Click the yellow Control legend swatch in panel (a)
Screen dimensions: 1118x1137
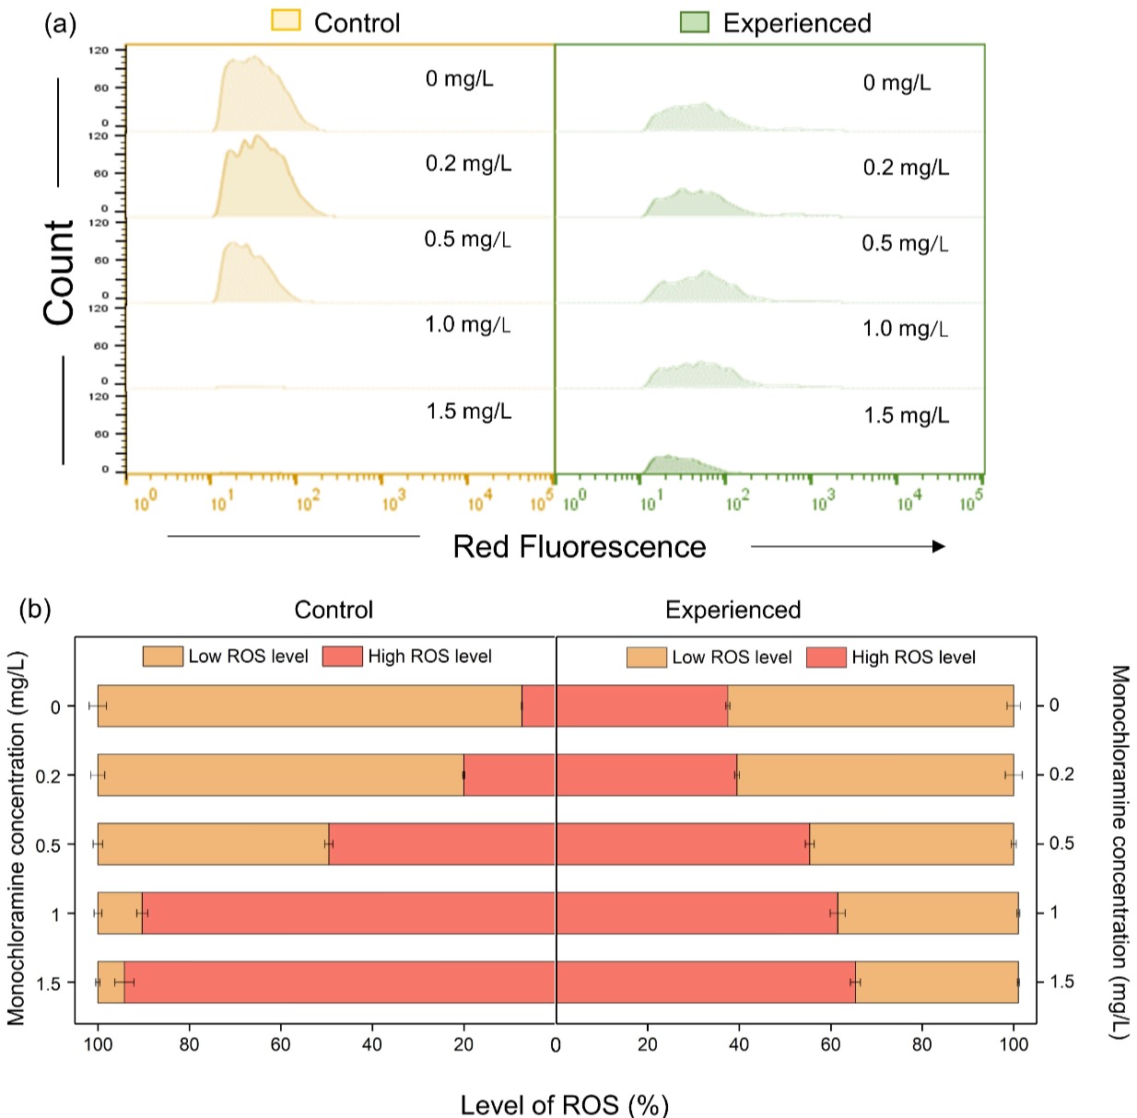click(286, 20)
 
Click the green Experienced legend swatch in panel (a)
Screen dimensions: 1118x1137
click(694, 21)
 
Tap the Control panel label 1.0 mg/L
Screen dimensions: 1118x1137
click(467, 325)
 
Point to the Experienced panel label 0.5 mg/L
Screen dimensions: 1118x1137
click(905, 244)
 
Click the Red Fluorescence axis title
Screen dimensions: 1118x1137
click(579, 547)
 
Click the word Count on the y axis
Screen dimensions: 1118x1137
click(59, 273)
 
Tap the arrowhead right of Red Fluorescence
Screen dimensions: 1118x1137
click(938, 547)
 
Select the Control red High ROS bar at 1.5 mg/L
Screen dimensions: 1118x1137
click(339, 982)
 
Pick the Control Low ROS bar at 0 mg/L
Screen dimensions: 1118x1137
click(309, 705)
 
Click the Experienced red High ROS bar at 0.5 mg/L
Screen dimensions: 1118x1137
click(682, 844)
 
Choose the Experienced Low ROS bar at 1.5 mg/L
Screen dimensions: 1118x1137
click(936, 982)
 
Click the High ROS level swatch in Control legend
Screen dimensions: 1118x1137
click(342, 657)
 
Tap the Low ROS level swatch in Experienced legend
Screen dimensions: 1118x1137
click(646, 658)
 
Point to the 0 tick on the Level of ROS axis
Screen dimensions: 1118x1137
click(556, 1044)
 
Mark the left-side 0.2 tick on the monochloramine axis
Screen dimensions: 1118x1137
click(49, 776)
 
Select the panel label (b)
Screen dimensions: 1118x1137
click(35, 609)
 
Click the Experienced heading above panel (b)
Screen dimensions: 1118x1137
click(733, 610)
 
